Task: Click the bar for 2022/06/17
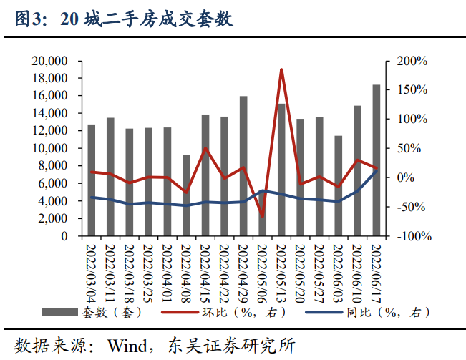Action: tap(376, 160)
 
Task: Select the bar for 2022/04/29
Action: tap(243, 166)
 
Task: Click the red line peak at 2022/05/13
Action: tap(281, 69)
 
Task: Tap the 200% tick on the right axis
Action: tap(411, 61)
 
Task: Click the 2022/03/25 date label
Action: tap(149, 272)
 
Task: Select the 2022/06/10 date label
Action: tap(357, 272)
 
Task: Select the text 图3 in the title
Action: tap(29, 20)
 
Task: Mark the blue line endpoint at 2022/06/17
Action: tap(376, 170)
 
